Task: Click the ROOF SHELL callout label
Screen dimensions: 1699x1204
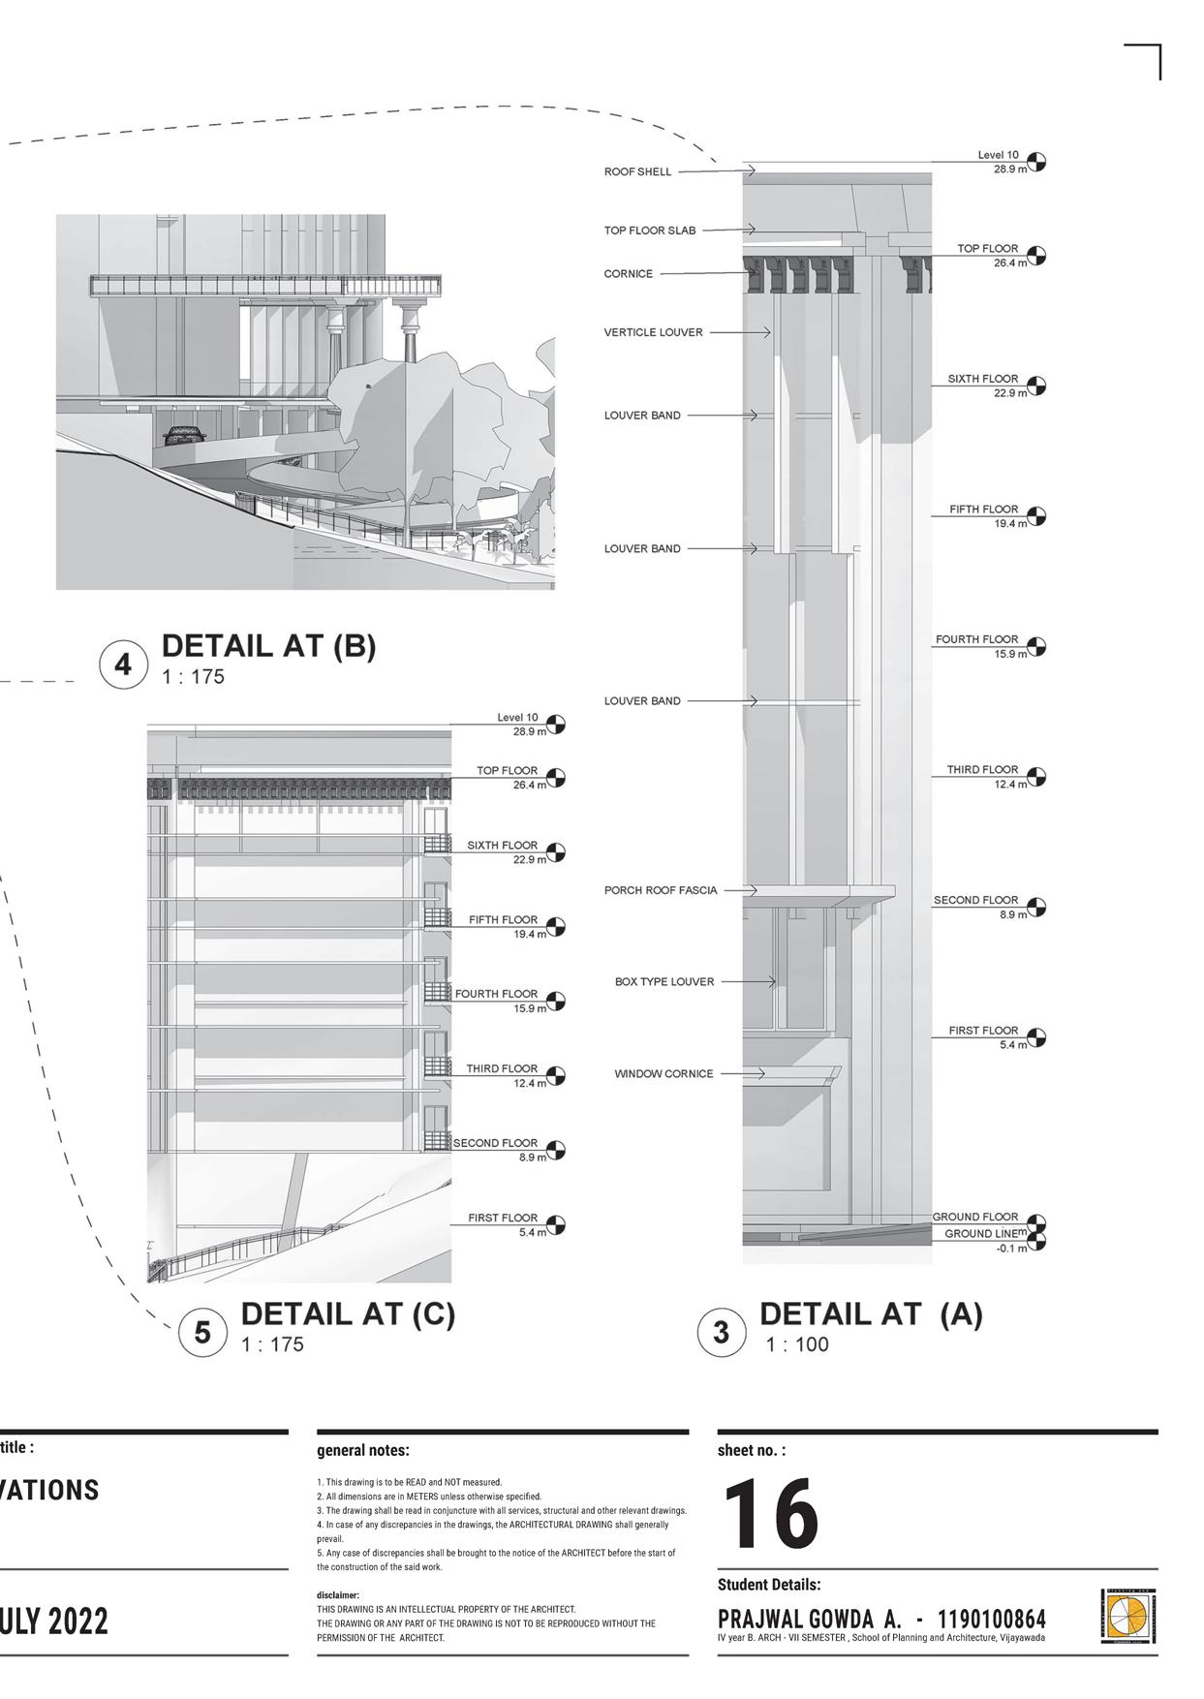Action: (637, 172)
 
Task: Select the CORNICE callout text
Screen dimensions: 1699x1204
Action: (628, 274)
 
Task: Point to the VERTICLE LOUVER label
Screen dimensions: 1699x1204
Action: (653, 332)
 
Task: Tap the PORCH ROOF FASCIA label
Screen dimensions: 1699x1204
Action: (661, 890)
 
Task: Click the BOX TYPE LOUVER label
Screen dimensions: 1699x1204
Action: (664, 982)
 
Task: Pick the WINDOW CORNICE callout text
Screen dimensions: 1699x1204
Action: (664, 1074)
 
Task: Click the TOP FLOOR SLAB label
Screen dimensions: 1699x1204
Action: (649, 231)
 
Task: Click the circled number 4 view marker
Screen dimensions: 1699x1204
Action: (123, 665)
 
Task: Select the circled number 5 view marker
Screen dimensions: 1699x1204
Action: (202, 1333)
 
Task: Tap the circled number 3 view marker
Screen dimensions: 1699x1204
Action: (722, 1333)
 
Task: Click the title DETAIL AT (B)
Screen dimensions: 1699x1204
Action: (268, 646)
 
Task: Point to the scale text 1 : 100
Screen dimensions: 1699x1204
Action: (797, 1344)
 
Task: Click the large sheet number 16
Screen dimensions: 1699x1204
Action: (771, 1514)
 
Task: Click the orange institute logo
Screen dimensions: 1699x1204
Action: (1126, 1616)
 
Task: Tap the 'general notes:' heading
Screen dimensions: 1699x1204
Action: (363, 1451)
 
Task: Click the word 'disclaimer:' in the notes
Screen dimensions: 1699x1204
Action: (338, 1595)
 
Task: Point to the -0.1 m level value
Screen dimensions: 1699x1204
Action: (1011, 1249)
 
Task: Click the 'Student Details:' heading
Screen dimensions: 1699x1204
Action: (769, 1585)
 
